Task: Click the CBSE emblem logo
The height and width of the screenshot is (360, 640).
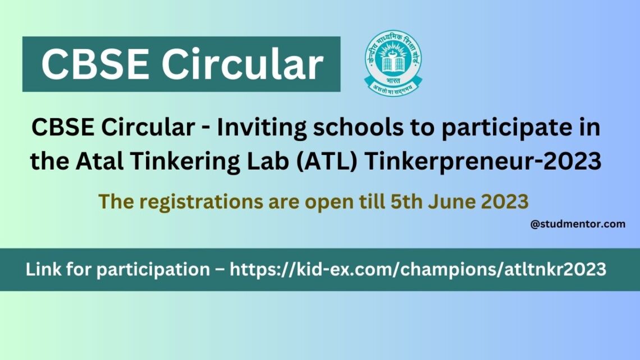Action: pyautogui.click(x=393, y=62)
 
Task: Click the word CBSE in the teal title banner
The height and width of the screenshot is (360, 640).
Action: pyautogui.click(x=96, y=64)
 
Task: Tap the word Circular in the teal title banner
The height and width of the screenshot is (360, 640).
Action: pyautogui.click(x=243, y=64)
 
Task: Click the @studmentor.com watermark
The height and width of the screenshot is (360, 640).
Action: pyautogui.click(x=577, y=224)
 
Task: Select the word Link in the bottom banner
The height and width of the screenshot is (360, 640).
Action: pyautogui.click(x=43, y=270)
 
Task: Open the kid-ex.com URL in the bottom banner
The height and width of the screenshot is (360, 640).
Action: pyautogui.click(x=418, y=270)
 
